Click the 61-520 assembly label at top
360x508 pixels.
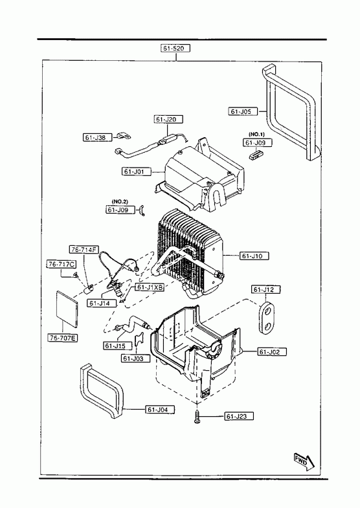tap(175, 49)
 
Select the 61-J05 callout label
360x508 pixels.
tap(243, 111)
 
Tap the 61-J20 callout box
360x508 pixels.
tap(168, 119)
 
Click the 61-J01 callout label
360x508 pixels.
tap(137, 171)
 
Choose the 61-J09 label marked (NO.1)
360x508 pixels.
tap(258, 142)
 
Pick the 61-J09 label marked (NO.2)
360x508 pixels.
tap(120, 210)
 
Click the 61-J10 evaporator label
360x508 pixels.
tap(254, 256)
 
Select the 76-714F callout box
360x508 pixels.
tap(84, 249)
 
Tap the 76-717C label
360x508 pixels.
tap(62, 264)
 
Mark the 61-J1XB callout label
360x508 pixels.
tap(150, 287)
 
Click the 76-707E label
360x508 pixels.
tap(63, 338)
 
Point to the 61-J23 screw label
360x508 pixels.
tap(239, 416)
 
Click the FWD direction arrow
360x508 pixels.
tap(304, 461)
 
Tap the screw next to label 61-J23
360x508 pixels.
tap(197, 416)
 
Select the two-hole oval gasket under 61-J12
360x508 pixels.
tap(267, 318)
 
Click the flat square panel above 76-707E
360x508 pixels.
tap(67, 308)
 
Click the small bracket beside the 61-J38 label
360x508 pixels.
tap(124, 136)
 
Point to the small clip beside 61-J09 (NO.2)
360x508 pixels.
tap(142, 210)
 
